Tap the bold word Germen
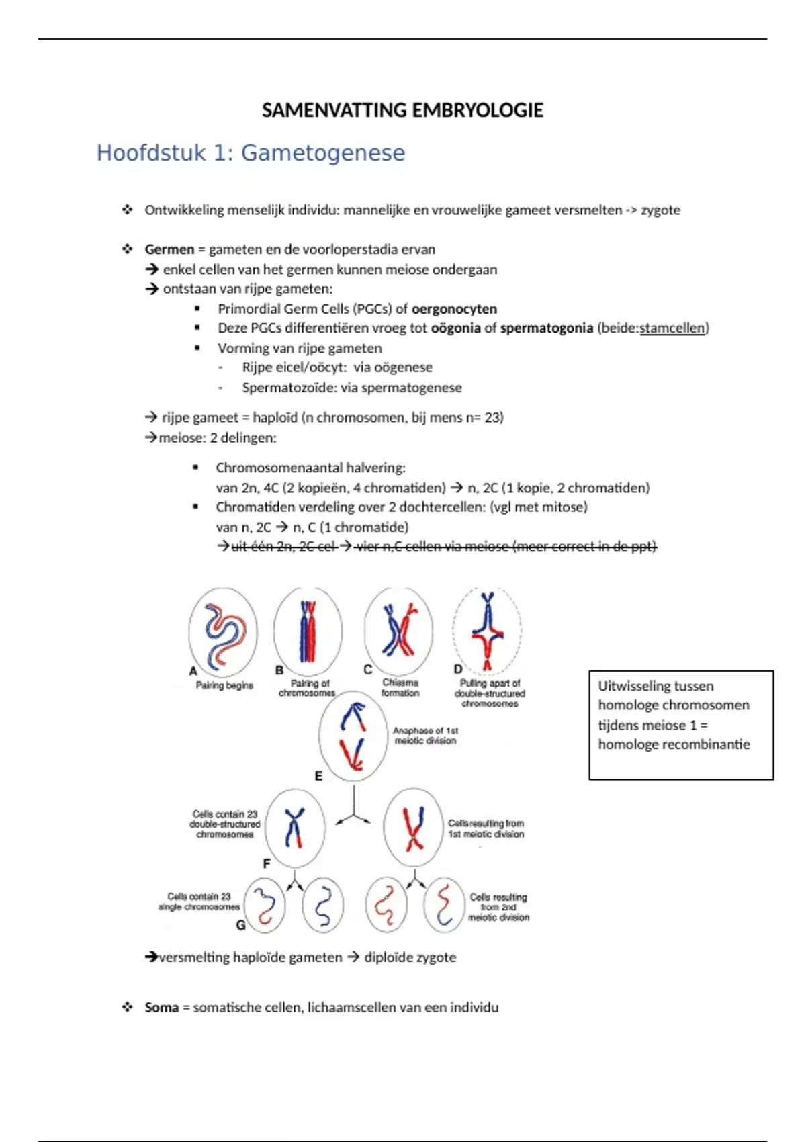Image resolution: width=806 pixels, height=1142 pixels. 169,249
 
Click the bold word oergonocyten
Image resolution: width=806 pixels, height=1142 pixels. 454,309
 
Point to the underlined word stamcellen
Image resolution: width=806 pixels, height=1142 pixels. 672,328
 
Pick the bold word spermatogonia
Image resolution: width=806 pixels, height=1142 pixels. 547,328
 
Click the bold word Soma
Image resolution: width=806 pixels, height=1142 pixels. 162,1007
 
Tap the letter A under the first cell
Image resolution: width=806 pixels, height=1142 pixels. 193,670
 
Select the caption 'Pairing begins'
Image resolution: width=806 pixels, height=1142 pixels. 224,685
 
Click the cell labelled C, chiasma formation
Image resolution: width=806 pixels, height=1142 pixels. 398,630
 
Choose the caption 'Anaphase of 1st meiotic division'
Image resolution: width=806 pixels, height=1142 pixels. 426,735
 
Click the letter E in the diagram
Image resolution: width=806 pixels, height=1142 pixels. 318,776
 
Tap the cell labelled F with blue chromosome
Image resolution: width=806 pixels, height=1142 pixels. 295,827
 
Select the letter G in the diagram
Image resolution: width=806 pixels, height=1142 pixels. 240,925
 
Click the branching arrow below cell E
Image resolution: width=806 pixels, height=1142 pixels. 353,809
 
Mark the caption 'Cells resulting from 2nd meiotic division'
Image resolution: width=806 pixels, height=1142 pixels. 498,907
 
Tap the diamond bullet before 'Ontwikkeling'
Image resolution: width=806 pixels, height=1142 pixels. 128,210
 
